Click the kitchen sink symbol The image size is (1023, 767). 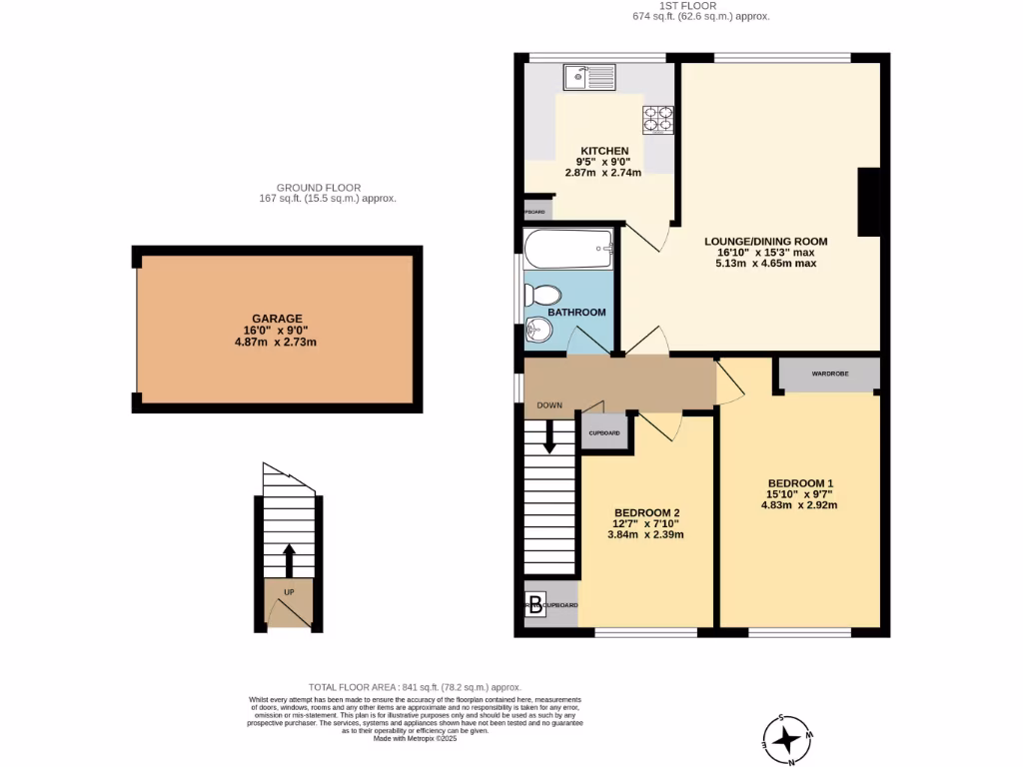(589, 77)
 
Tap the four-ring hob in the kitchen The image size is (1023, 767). (657, 120)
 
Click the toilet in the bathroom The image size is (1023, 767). (544, 296)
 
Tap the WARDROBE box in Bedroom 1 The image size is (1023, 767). (830, 374)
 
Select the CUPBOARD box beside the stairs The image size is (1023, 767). (604, 433)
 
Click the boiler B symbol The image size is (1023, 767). (535, 604)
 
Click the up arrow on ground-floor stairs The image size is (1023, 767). (290, 559)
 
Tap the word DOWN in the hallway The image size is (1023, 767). (550, 405)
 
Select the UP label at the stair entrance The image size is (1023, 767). (289, 592)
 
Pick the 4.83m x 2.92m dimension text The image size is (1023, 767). (798, 505)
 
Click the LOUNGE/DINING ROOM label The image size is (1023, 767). (766, 241)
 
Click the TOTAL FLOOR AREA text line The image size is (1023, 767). (415, 687)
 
